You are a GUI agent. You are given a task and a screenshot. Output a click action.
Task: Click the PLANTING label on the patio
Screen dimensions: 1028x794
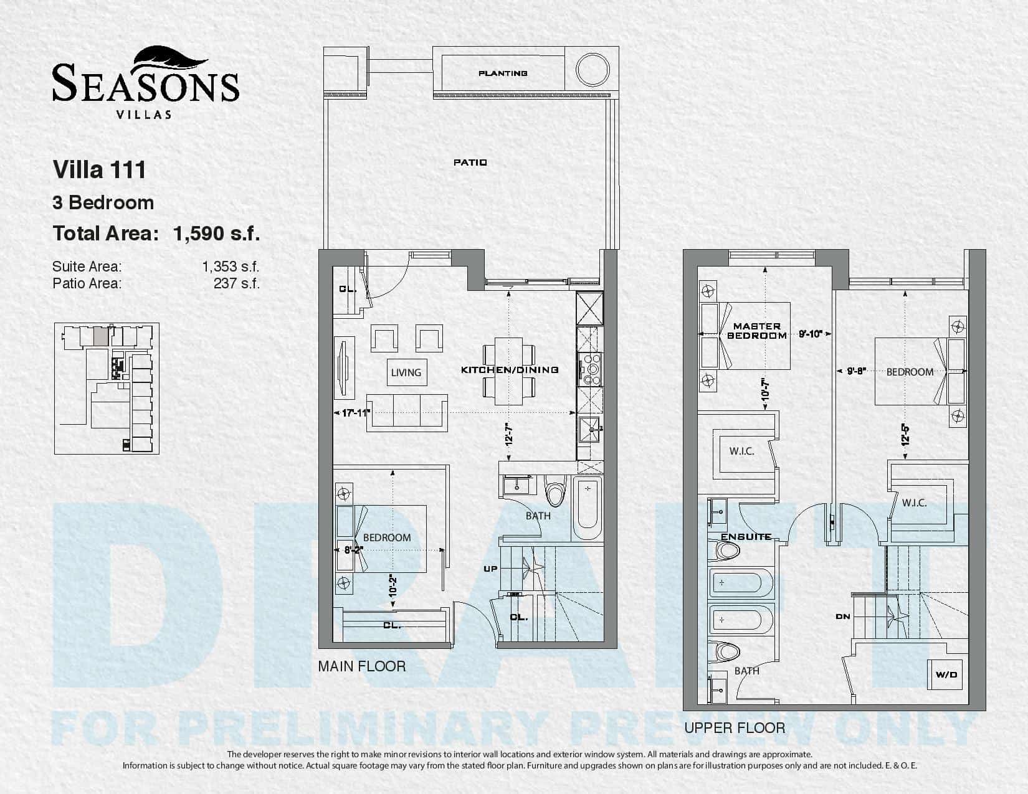click(502, 73)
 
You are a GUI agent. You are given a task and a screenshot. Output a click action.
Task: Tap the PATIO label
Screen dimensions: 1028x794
click(470, 162)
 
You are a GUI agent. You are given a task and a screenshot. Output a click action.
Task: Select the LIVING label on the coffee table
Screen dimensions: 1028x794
click(406, 372)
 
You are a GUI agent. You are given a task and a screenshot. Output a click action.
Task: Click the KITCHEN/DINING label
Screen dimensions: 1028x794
click(510, 370)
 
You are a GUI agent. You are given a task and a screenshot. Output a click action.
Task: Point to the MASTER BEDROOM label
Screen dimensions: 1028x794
click(757, 331)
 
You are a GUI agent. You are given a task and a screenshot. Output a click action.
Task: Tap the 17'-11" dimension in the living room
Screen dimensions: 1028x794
click(356, 413)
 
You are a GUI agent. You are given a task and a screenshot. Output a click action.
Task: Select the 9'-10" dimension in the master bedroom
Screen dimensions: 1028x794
click(811, 334)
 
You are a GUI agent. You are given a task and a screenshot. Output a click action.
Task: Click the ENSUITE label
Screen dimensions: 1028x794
click(746, 537)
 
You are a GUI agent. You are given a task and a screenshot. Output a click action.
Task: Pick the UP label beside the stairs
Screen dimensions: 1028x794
click(490, 569)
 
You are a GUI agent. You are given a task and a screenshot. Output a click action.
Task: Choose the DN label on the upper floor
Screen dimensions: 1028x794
click(843, 617)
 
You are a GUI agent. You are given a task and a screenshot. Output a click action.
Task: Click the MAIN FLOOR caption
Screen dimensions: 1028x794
click(362, 666)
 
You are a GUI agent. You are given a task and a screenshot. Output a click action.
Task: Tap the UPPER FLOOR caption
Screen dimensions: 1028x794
click(735, 728)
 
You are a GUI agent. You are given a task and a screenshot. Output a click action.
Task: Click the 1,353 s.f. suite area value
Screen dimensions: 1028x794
click(231, 267)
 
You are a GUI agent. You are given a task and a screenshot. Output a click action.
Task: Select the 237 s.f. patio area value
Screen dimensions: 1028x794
click(237, 284)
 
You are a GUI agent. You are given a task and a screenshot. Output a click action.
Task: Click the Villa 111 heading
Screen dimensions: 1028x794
click(99, 169)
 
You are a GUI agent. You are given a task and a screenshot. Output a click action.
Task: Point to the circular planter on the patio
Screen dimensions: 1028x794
click(592, 70)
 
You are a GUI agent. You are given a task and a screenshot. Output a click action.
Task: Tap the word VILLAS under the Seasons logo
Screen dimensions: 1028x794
click(144, 115)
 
